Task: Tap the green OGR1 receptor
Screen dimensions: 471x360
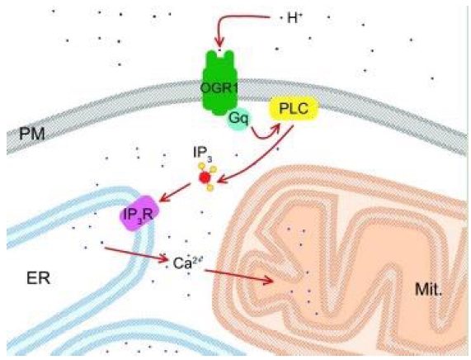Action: (219, 83)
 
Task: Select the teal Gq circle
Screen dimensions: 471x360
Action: (238, 119)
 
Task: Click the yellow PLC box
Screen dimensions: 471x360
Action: (294, 108)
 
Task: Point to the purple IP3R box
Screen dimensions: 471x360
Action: (139, 214)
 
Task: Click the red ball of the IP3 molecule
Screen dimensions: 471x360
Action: (205, 178)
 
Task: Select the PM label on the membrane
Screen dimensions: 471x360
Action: (31, 134)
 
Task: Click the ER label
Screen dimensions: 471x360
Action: (38, 278)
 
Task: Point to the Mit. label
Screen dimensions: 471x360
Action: (429, 289)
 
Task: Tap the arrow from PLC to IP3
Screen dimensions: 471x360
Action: (256, 156)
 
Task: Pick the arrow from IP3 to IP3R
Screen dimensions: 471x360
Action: (175, 192)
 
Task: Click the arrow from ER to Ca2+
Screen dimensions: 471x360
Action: (136, 254)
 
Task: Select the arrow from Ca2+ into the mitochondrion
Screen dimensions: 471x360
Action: (239, 276)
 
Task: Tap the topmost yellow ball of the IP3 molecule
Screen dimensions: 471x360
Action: (202, 166)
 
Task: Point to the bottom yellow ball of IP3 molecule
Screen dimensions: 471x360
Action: (210, 188)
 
